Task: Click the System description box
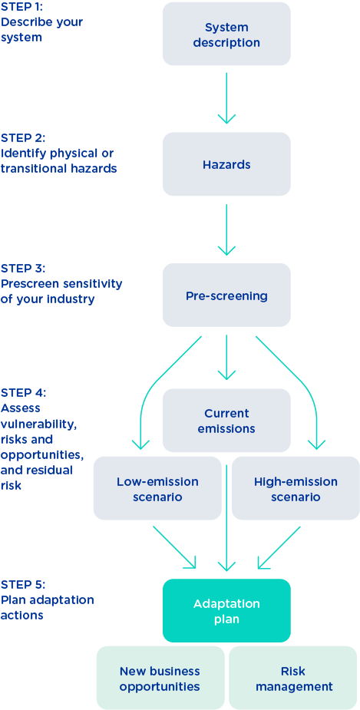pos(226,34)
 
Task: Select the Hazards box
pos(226,164)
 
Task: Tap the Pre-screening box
pos(226,295)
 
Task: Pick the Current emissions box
pos(226,420)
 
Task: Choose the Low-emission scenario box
pos(157,488)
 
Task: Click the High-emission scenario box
pos(296,488)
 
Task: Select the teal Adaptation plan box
pos(226,610)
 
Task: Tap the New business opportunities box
pos(160,678)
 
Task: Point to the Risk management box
pos(293,678)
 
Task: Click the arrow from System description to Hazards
pos(226,97)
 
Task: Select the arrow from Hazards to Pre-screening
pos(226,230)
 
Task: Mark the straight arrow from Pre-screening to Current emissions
pos(226,358)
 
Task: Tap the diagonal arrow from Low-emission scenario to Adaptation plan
pos(175,547)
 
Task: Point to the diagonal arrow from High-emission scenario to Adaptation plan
pos(279,547)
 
